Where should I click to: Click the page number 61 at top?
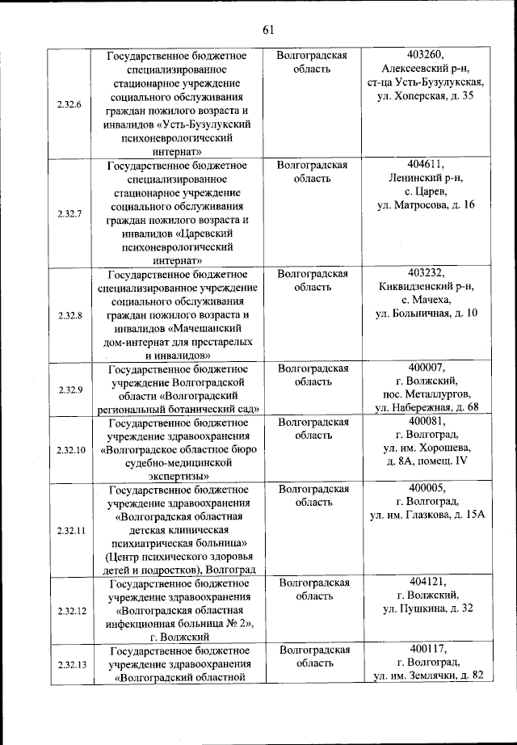click(268, 30)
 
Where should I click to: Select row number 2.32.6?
click(69, 103)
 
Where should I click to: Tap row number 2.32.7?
click(69, 213)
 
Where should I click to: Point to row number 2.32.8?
click(69, 315)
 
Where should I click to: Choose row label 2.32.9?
click(70, 389)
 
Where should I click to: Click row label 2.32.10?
click(70, 449)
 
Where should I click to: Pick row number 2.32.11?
click(70, 530)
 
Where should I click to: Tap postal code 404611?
click(427, 165)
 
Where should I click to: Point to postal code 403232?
click(427, 273)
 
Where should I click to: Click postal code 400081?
click(427, 421)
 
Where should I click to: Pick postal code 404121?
click(427, 582)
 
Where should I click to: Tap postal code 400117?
click(427, 649)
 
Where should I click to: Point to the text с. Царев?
click(427, 192)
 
